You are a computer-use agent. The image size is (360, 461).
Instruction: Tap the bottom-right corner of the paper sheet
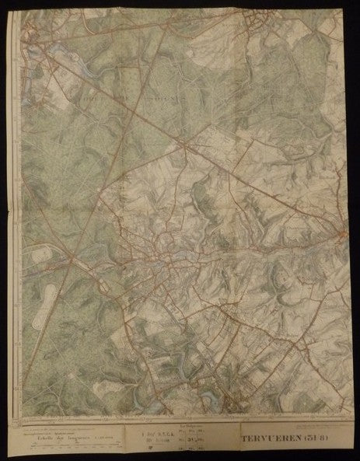coord(348,456)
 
